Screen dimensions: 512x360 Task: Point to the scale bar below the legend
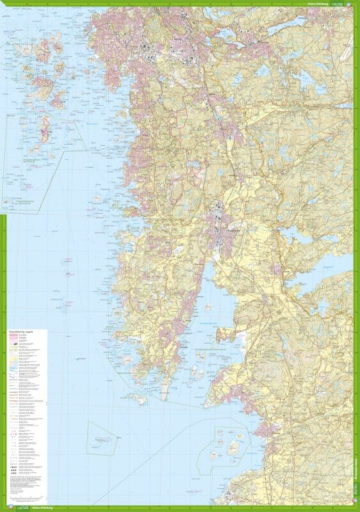pos(26,496)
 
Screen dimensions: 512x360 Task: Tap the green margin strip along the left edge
pos(3,256)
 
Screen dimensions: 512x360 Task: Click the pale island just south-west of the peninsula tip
pos(140,399)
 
